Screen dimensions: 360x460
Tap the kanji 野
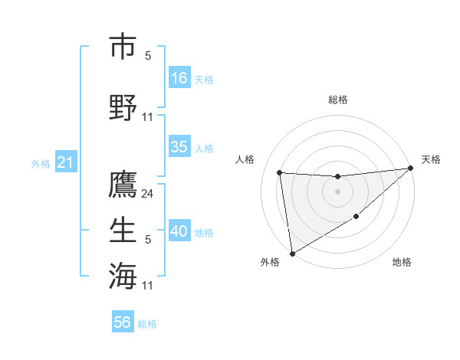coord(123,106)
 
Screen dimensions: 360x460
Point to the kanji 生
coord(123,229)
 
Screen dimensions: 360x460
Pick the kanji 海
coord(123,274)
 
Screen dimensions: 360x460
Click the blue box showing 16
coord(179,78)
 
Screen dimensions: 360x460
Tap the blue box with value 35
coord(179,148)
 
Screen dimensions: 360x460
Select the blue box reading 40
coord(179,232)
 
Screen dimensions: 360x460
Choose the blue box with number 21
coord(65,162)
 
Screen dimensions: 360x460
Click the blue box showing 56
coord(123,322)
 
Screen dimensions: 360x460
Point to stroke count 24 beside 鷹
coord(148,195)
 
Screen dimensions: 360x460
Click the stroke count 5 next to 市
coord(148,55)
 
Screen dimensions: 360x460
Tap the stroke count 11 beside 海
coord(148,285)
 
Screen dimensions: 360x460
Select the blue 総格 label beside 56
coord(147,323)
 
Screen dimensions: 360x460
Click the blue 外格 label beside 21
coord(41,163)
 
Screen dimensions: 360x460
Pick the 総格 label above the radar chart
coord(337,100)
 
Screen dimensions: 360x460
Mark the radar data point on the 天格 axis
coord(411,169)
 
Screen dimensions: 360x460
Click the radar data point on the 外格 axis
coord(291,253)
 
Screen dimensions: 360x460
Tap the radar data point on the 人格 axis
coord(280,172)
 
